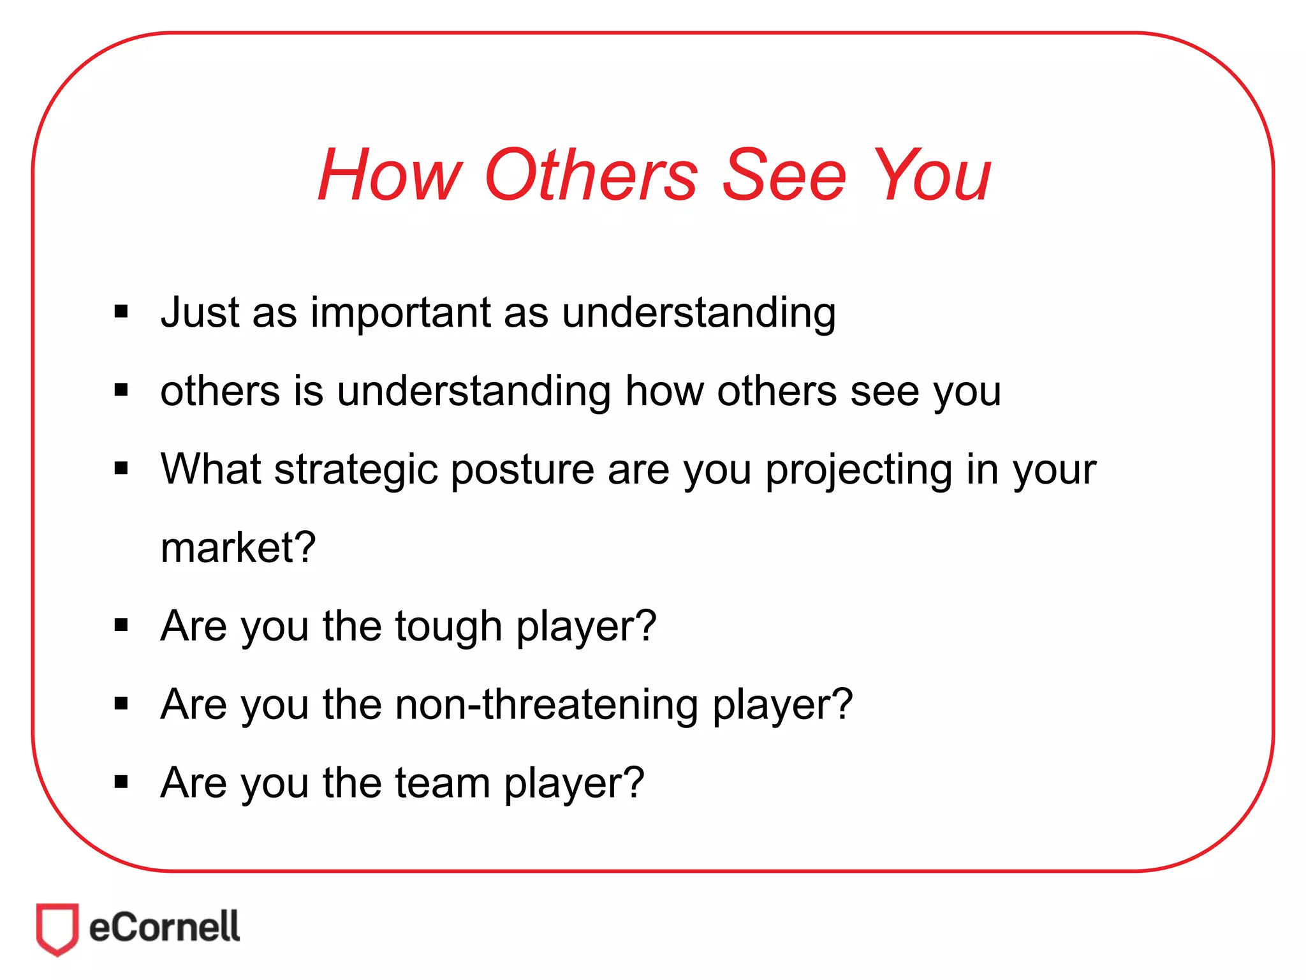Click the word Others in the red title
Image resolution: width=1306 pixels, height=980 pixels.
(x=591, y=175)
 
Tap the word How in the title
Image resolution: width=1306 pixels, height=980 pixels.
(x=390, y=175)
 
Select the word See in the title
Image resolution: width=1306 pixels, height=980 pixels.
(x=784, y=175)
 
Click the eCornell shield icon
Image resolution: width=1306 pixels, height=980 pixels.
(x=57, y=928)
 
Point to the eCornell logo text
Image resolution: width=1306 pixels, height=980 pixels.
(x=165, y=927)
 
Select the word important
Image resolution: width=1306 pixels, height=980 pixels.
(x=400, y=314)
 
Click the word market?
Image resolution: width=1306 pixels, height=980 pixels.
(x=238, y=548)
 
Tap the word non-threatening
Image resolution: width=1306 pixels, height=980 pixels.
(x=547, y=705)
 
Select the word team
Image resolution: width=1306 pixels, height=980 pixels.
(x=443, y=783)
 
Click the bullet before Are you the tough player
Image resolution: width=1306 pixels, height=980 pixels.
(x=121, y=625)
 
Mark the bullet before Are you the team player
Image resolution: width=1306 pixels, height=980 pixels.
(x=121, y=782)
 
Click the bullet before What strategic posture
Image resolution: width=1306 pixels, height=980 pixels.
(x=121, y=469)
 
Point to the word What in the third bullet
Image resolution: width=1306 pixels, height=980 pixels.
(x=211, y=469)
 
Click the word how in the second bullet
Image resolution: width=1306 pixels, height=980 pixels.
(x=664, y=391)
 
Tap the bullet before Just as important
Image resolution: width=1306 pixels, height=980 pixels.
(x=121, y=312)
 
